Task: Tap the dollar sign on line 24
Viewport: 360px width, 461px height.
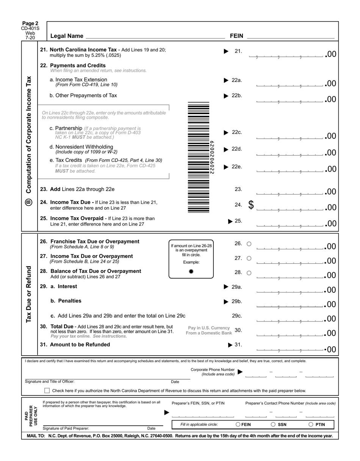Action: (251, 205)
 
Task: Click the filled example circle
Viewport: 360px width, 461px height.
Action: (191, 271)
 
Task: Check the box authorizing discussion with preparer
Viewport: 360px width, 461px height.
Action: (47, 390)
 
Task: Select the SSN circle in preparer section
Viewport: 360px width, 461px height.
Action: (273, 425)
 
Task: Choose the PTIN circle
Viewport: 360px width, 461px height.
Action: (311, 425)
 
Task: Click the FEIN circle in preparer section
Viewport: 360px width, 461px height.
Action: (238, 425)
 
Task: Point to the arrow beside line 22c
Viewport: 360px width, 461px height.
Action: (226, 132)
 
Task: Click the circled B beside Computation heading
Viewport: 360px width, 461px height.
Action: (29, 202)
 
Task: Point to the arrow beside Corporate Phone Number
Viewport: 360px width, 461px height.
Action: (240, 372)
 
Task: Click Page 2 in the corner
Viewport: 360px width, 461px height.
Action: (30, 24)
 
